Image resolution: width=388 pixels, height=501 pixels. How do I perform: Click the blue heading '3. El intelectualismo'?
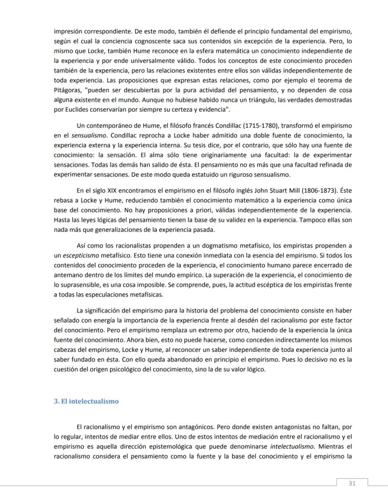pos(86,401)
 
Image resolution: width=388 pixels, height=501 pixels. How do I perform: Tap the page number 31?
pos(352,483)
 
